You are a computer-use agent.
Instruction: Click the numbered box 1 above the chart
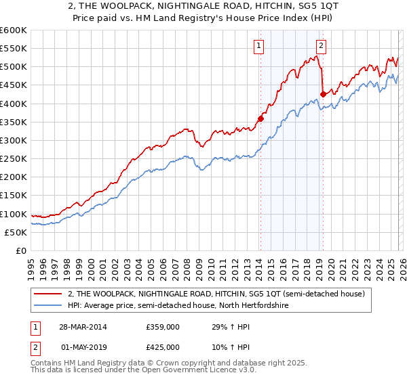click(x=260, y=46)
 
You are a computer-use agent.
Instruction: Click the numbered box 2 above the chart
click(x=321, y=46)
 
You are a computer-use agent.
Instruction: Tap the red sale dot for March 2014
click(x=260, y=119)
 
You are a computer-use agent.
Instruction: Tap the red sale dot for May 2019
click(x=323, y=95)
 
